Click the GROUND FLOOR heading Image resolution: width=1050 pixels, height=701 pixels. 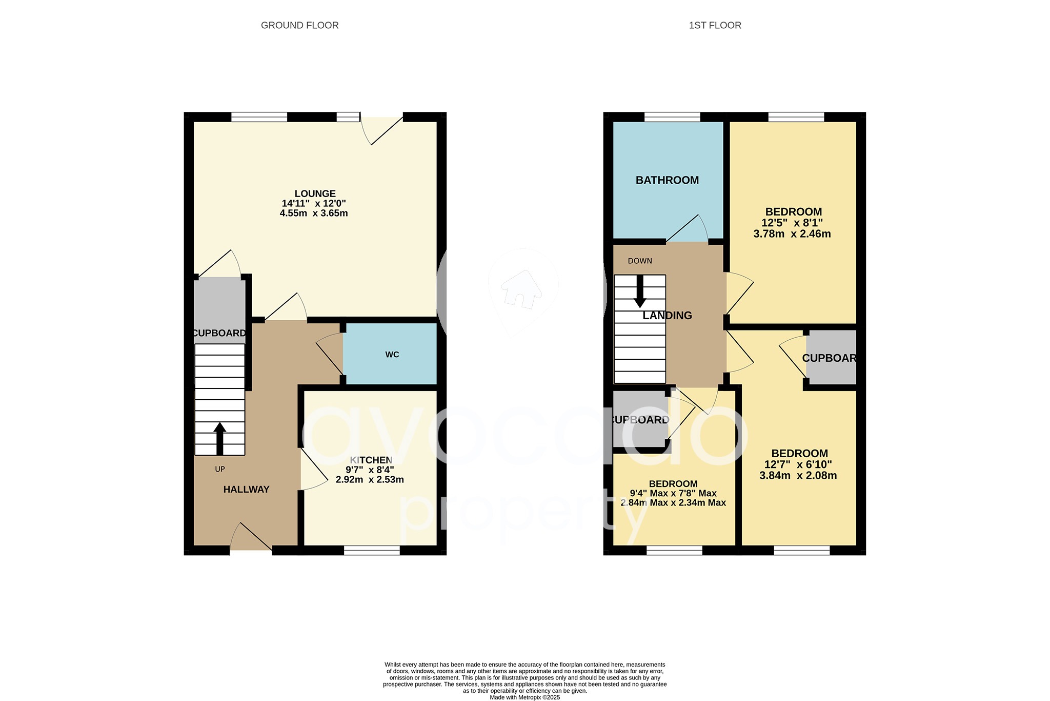299,25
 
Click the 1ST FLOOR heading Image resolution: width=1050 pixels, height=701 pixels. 715,25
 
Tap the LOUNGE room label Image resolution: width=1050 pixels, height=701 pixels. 315,193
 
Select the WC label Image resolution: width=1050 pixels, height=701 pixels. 392,355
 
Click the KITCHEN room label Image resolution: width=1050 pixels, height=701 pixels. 371,460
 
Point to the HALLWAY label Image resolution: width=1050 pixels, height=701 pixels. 246,490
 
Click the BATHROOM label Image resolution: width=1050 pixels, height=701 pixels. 667,180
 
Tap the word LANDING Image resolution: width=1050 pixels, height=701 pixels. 667,316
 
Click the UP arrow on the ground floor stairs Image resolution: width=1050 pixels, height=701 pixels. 219,438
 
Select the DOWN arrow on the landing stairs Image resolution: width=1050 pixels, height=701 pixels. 639,291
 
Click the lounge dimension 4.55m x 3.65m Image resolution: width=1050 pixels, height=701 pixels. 314,213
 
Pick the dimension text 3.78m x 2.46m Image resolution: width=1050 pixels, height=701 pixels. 792,234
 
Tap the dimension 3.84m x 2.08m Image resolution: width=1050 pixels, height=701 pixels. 798,476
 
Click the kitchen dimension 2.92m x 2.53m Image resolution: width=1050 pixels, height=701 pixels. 370,480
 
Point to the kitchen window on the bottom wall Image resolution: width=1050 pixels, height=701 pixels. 372,551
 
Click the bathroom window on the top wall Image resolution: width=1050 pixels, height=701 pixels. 672,117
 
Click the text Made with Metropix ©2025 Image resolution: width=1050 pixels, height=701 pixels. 524,697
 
